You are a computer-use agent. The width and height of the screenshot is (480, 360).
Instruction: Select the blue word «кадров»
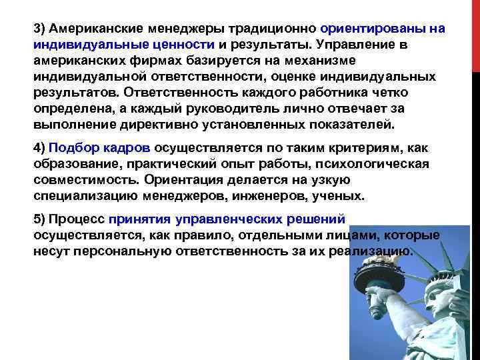click(x=129, y=149)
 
